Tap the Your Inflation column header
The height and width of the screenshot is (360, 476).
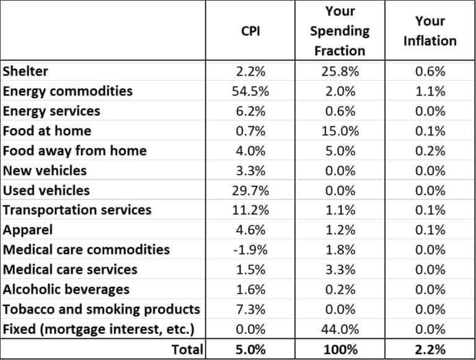430,30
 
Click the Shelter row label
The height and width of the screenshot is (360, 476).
25,71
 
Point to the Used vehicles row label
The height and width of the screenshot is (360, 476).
46,190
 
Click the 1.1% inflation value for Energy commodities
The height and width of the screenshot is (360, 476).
430,91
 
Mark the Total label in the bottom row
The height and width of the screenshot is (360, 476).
187,349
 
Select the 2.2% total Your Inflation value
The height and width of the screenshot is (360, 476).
430,349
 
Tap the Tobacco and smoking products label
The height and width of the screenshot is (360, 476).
102,309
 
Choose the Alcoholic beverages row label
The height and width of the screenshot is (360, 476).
66,289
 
